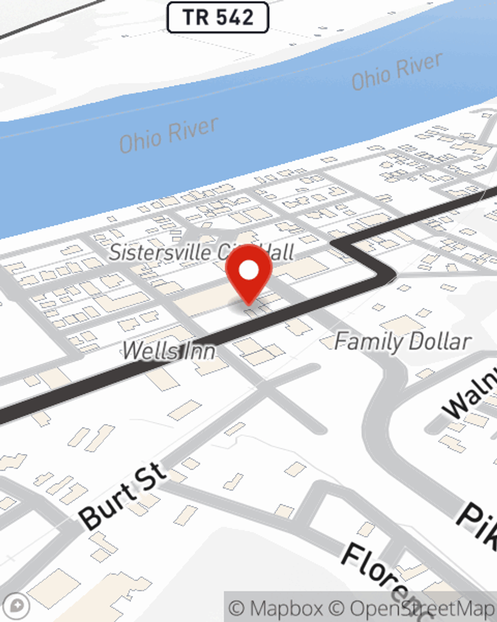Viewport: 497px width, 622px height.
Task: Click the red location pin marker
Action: (x=248, y=273)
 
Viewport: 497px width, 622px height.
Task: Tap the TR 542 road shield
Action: (x=218, y=17)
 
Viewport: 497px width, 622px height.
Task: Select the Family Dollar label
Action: (x=403, y=342)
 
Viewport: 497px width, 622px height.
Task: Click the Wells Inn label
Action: (x=169, y=351)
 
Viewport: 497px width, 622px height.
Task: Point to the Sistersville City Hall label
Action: (x=201, y=252)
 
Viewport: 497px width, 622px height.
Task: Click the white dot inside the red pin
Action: (x=248, y=270)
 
